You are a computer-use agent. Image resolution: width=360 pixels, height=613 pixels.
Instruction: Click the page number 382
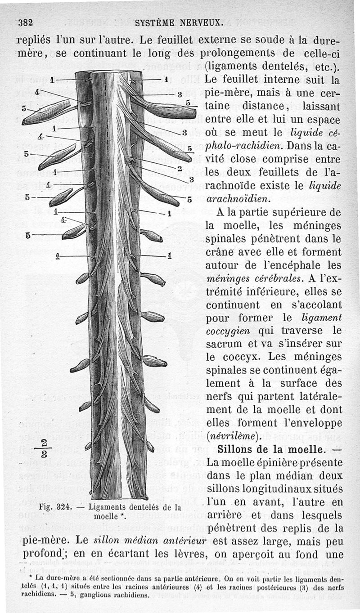coord(26,22)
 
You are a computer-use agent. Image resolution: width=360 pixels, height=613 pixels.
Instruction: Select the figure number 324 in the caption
coord(64,507)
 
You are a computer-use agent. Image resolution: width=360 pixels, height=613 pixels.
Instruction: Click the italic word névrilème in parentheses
coord(232,436)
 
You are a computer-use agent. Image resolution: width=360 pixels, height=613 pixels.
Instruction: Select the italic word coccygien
coord(228,331)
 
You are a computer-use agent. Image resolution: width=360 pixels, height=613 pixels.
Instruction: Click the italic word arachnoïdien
coord(238,199)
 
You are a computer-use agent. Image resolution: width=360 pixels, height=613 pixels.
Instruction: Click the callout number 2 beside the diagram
coord(180,169)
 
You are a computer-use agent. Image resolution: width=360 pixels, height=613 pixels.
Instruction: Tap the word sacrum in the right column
coord(223,344)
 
